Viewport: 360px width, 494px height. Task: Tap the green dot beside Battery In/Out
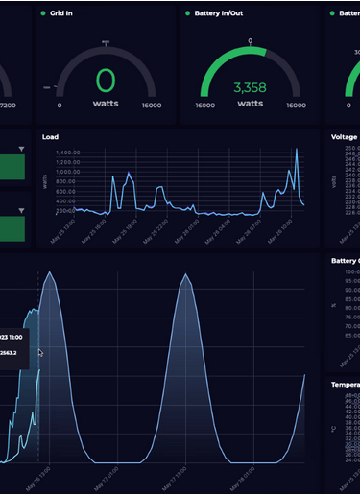(186, 13)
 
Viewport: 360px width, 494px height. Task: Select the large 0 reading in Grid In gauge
(105, 80)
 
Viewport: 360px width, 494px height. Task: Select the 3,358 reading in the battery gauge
(250, 88)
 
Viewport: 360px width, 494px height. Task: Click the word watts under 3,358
(250, 103)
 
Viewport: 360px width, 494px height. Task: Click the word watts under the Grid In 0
(106, 103)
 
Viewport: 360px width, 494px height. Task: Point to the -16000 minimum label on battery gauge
(203, 106)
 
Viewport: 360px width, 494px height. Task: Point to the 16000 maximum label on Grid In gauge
(151, 106)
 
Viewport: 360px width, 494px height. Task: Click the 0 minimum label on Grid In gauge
(60, 106)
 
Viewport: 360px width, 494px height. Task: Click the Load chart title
(50, 137)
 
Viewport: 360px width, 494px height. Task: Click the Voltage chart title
(344, 137)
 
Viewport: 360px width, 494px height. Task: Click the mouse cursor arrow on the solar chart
(40, 353)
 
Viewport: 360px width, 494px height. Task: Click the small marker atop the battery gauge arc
(251, 41)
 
